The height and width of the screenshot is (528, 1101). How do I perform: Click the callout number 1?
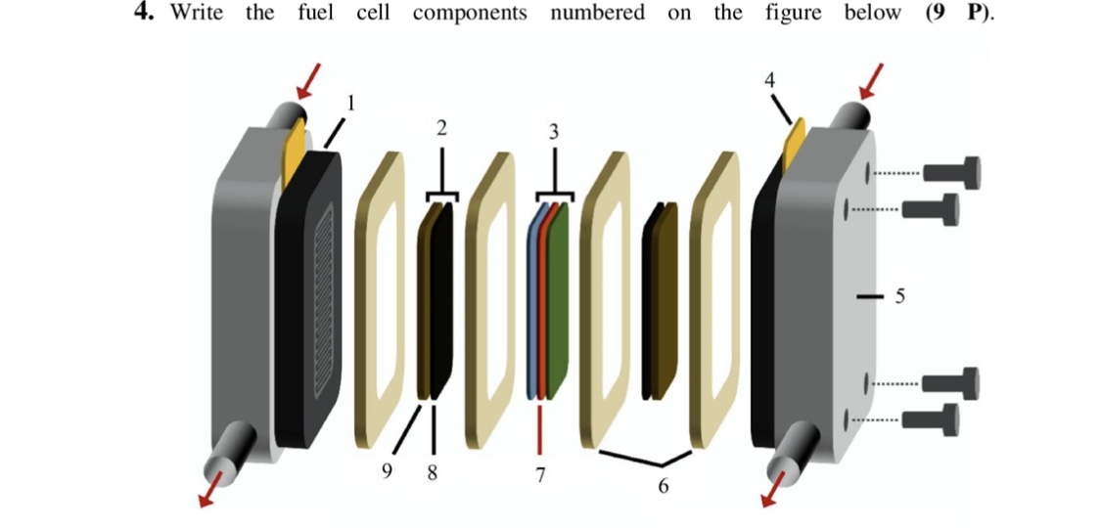tap(351, 100)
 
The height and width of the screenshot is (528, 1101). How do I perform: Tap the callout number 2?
tap(441, 128)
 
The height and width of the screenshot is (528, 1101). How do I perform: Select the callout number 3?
tap(554, 132)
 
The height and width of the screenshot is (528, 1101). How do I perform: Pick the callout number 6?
tap(663, 486)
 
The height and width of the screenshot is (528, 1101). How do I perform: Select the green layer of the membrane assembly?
tap(558, 303)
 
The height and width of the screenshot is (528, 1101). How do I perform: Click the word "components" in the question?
tap(470, 13)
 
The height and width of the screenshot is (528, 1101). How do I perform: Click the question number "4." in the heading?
tap(147, 13)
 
